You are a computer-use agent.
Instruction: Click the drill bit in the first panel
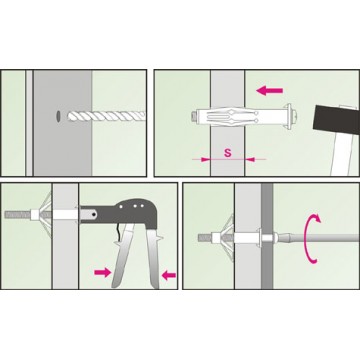click(x=107, y=116)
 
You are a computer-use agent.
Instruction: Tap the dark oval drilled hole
click(x=58, y=116)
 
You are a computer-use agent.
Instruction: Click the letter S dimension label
click(x=228, y=153)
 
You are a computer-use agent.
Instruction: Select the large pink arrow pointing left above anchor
click(x=270, y=90)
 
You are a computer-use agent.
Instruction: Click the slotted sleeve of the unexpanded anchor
click(x=238, y=117)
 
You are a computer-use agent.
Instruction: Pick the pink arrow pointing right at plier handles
click(x=102, y=273)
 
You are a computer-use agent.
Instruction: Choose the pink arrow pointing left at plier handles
click(x=169, y=275)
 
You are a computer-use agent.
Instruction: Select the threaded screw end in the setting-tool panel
click(x=17, y=214)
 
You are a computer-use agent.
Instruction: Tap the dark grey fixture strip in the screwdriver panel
click(x=267, y=236)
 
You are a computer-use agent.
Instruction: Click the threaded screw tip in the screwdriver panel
click(x=205, y=238)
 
